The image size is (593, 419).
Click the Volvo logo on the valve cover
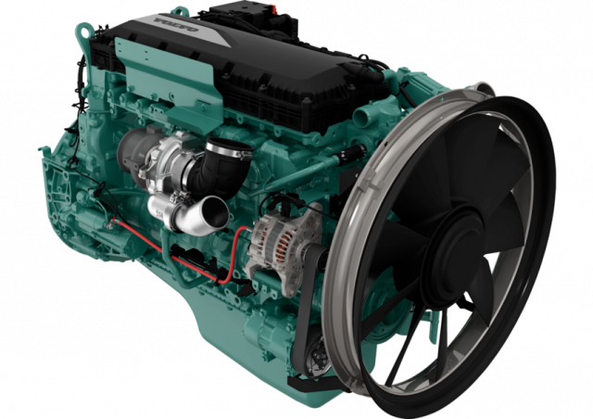tap(176, 24)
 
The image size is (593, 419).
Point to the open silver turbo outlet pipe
tap(206, 212)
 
